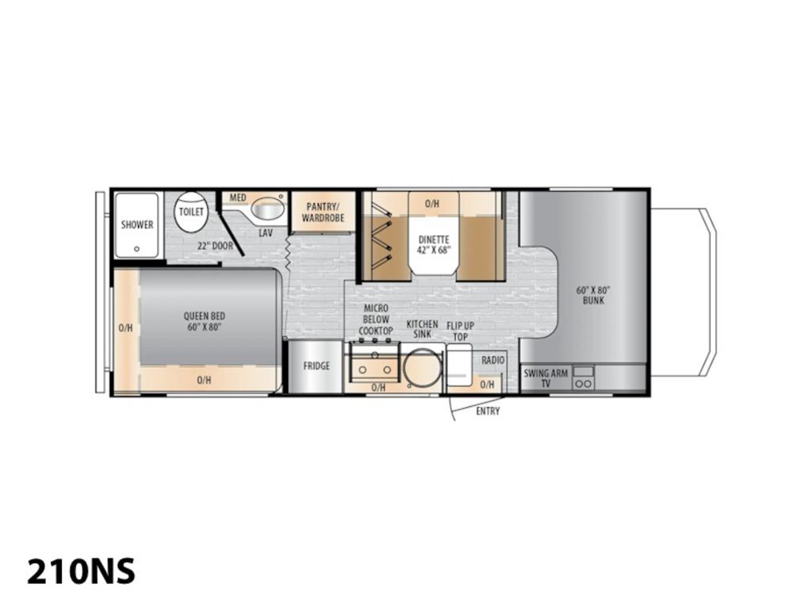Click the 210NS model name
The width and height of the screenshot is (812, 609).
pos(82,571)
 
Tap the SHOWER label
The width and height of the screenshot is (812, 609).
pos(137,224)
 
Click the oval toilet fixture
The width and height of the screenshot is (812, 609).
pos(191,211)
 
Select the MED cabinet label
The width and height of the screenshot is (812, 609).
pos(238,197)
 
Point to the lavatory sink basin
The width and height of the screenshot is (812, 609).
pos(268,209)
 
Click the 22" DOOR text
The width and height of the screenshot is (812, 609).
pos(215,246)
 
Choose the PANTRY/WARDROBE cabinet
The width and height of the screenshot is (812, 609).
pos(324,212)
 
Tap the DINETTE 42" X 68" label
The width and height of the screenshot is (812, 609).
pos(434,244)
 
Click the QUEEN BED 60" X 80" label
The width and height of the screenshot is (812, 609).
pos(205,321)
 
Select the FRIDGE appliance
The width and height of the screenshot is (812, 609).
pos(316,366)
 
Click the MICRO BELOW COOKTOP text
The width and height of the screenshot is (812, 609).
pos(376,320)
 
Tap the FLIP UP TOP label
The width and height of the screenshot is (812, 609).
pos(461,331)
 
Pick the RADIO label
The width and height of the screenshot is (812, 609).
pos(493,360)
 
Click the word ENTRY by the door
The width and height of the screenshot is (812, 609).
pos(488,412)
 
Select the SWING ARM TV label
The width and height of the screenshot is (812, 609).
pos(546,378)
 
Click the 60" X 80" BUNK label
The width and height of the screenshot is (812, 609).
pos(593,295)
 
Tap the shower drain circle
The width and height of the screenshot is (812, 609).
pos(136,249)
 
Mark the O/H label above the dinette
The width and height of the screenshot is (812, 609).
pos(432,204)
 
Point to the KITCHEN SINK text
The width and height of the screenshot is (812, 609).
pos(422,329)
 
